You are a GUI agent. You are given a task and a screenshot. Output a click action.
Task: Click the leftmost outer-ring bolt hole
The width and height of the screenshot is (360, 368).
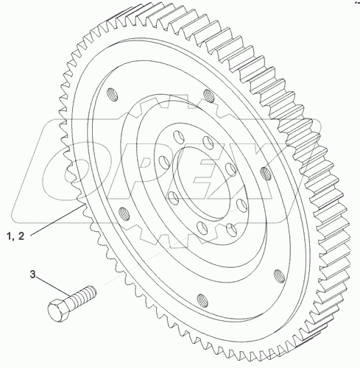click(110, 93)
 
